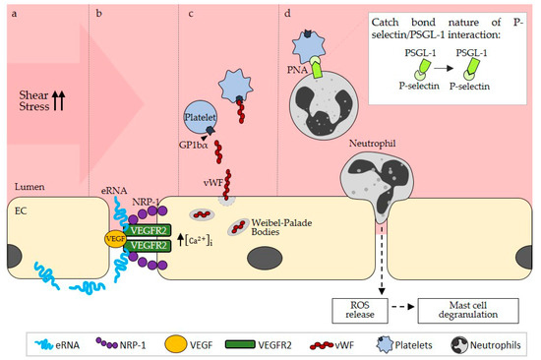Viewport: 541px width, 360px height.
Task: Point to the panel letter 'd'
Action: tap(286, 12)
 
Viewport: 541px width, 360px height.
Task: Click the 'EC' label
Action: tap(19, 209)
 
